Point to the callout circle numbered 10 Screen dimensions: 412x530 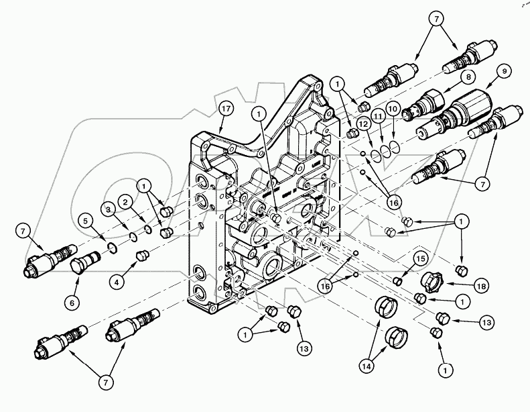[x=393, y=108]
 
